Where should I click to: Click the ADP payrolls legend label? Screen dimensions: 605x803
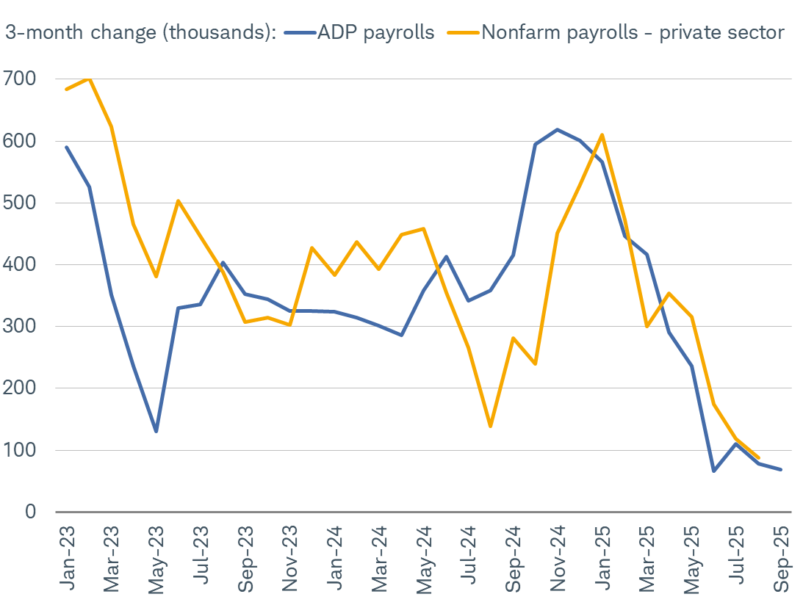[x=375, y=33]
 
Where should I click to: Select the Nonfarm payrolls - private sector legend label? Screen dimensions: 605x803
[x=633, y=33]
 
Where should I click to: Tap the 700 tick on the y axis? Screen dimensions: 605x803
[x=20, y=79]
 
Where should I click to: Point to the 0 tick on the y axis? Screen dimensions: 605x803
[x=30, y=511]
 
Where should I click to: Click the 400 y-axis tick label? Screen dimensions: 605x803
[x=20, y=264]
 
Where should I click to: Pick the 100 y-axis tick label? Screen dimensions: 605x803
[x=20, y=449]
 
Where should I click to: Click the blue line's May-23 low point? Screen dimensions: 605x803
[x=156, y=431]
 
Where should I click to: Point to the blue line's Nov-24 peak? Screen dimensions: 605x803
[x=557, y=129]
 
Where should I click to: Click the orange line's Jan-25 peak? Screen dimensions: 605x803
[x=602, y=134]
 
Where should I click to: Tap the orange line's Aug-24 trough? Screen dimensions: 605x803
[x=490, y=426]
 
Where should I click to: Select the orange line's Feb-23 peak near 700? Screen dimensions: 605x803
[x=89, y=78]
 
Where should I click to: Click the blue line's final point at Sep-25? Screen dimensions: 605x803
[x=780, y=469]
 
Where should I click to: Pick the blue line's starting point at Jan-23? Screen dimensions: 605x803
[x=66, y=147]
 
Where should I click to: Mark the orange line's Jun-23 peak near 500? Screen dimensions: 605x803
[x=178, y=200]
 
